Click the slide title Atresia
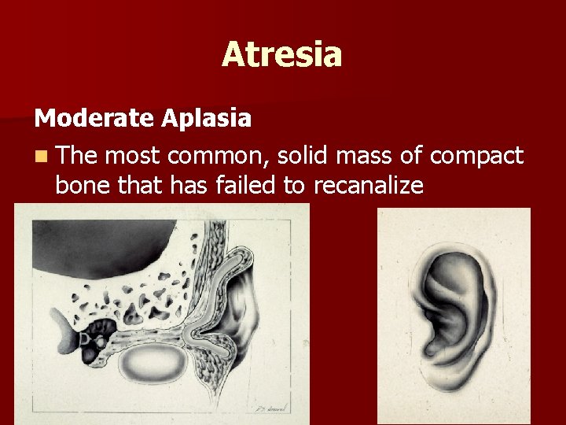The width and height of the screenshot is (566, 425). click(x=281, y=55)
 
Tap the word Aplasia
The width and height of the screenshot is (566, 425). click(x=207, y=119)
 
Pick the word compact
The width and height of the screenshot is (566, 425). click(x=478, y=157)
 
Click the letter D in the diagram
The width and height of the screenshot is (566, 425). click(x=84, y=339)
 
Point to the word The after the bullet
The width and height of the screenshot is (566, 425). click(x=76, y=157)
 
